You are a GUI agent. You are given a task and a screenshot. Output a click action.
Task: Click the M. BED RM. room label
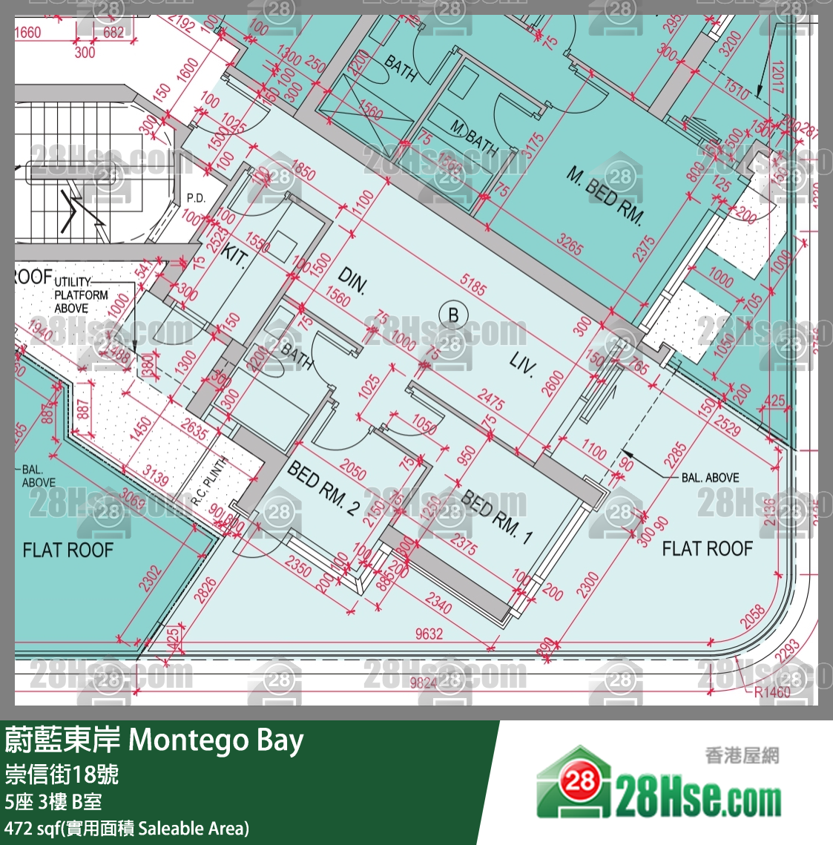click(605, 195)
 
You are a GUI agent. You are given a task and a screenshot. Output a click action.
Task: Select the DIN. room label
click(352, 281)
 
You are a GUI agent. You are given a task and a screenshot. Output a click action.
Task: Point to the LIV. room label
click(521, 364)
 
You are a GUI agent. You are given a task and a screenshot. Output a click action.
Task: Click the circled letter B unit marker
click(453, 315)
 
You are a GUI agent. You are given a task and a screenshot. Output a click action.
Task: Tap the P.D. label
click(196, 198)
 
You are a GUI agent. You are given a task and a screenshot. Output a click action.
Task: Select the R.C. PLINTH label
click(210, 481)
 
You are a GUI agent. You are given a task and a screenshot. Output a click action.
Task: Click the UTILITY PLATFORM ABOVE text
click(81, 295)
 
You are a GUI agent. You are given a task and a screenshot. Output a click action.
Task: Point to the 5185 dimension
click(473, 284)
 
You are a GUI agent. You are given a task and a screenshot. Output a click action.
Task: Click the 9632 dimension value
click(429, 633)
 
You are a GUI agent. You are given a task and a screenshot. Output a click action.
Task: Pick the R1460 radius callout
click(772, 692)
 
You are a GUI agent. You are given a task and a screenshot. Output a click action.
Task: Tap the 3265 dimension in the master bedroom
click(569, 245)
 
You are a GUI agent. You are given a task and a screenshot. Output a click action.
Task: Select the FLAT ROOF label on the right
click(707, 548)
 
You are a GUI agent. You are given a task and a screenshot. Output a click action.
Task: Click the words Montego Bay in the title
click(216, 740)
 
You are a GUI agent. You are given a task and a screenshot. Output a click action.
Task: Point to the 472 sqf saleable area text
click(126, 828)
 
